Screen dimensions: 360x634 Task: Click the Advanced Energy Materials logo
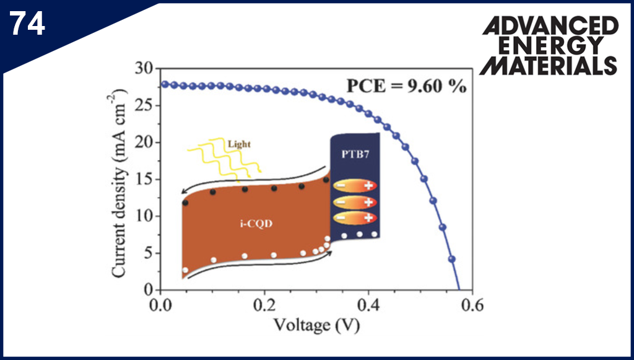point(549,46)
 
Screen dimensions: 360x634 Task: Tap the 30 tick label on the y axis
point(144,68)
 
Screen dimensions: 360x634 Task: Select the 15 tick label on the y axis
point(144,179)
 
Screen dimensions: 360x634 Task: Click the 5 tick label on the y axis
point(147,253)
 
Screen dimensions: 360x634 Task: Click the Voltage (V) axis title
point(317,325)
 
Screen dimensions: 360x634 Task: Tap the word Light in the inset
point(240,144)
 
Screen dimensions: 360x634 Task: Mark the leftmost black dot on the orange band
point(185,203)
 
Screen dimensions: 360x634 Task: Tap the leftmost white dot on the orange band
point(185,270)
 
